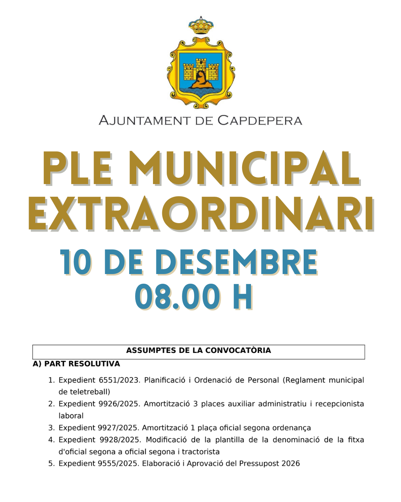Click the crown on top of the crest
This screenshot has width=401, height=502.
[x=201, y=25]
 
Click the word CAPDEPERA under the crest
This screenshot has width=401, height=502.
[x=260, y=120]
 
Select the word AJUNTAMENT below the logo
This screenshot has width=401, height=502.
[x=144, y=120]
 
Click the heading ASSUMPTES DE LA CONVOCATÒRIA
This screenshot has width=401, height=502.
[x=199, y=350]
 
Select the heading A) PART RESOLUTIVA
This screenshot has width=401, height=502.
[x=76, y=364]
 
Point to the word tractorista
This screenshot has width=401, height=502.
[x=200, y=451]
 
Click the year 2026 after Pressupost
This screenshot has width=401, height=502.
[x=290, y=463]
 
